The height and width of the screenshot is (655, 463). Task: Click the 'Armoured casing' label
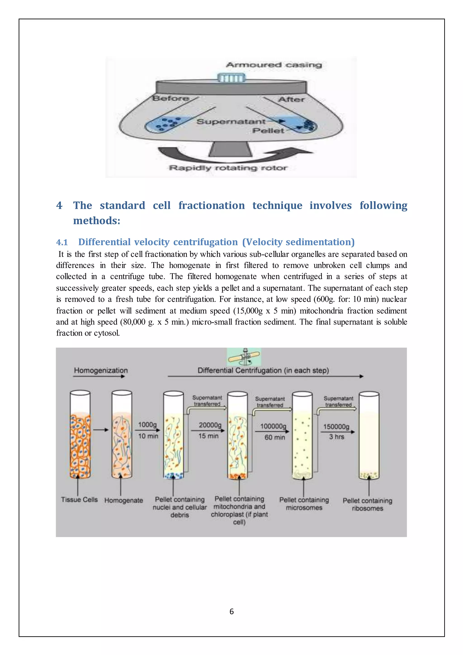[274, 65]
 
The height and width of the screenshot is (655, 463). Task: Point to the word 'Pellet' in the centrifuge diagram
[268, 131]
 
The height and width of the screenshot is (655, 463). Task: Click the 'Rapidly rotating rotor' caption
[228, 168]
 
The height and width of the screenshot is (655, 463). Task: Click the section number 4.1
[62, 242]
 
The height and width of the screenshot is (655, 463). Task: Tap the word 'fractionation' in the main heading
[212, 205]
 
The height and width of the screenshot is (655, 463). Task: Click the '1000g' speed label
[147, 425]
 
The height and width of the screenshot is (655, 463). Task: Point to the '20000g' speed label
[210, 425]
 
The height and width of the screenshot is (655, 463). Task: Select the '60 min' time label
[274, 437]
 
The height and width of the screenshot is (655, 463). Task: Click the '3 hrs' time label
[336, 437]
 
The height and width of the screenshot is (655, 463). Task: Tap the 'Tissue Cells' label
[79, 500]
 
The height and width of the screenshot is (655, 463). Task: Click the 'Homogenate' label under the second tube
[123, 500]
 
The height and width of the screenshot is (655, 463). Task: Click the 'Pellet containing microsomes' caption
[304, 503]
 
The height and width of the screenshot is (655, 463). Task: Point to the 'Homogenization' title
[101, 370]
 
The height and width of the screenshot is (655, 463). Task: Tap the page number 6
[231, 611]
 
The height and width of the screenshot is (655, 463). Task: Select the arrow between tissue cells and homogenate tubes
[101, 430]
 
